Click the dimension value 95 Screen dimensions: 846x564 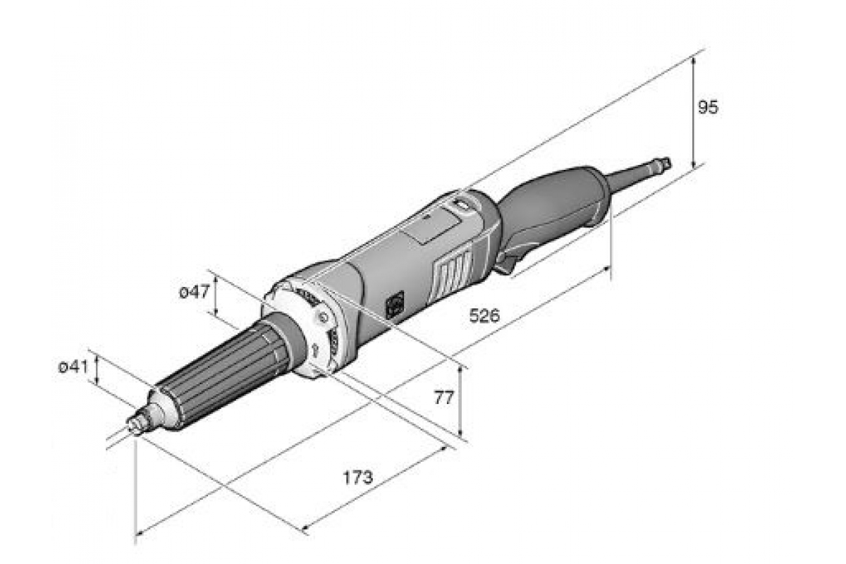click(708, 108)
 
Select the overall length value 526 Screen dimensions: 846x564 click(484, 316)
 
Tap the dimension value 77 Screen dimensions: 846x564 click(443, 398)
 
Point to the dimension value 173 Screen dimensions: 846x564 click(357, 477)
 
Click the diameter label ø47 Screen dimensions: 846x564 click(194, 292)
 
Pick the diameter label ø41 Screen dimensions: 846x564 click(73, 367)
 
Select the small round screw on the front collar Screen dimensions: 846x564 click(323, 317)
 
